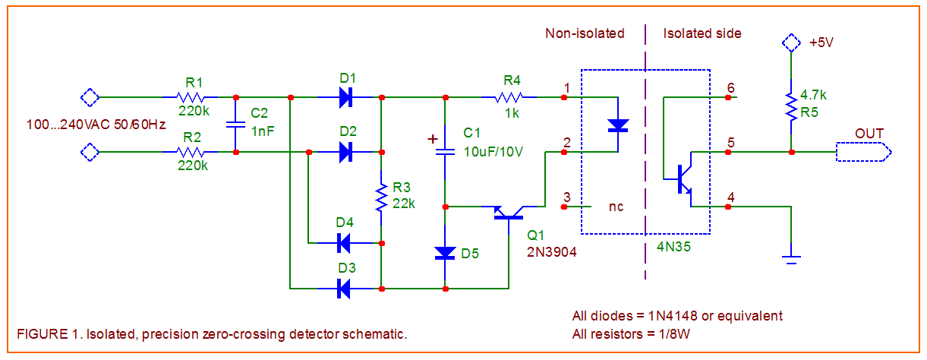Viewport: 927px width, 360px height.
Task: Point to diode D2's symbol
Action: click(x=346, y=152)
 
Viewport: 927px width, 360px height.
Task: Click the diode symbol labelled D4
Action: click(x=343, y=243)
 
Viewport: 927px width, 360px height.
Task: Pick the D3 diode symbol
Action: click(x=343, y=289)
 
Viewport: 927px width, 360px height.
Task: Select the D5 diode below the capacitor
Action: click(x=445, y=253)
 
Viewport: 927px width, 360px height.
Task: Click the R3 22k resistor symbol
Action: click(x=381, y=197)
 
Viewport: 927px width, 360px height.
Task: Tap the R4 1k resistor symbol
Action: click(x=509, y=97)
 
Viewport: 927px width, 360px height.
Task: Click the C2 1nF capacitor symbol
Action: click(x=236, y=125)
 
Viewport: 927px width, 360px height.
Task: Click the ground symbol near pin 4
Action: click(x=791, y=260)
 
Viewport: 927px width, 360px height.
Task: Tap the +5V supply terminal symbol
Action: click(x=791, y=43)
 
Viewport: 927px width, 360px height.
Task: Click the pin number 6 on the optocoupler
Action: click(x=730, y=87)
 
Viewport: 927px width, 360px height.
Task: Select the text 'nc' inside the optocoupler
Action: click(x=616, y=206)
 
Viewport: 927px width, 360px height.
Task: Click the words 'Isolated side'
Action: click(x=702, y=33)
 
